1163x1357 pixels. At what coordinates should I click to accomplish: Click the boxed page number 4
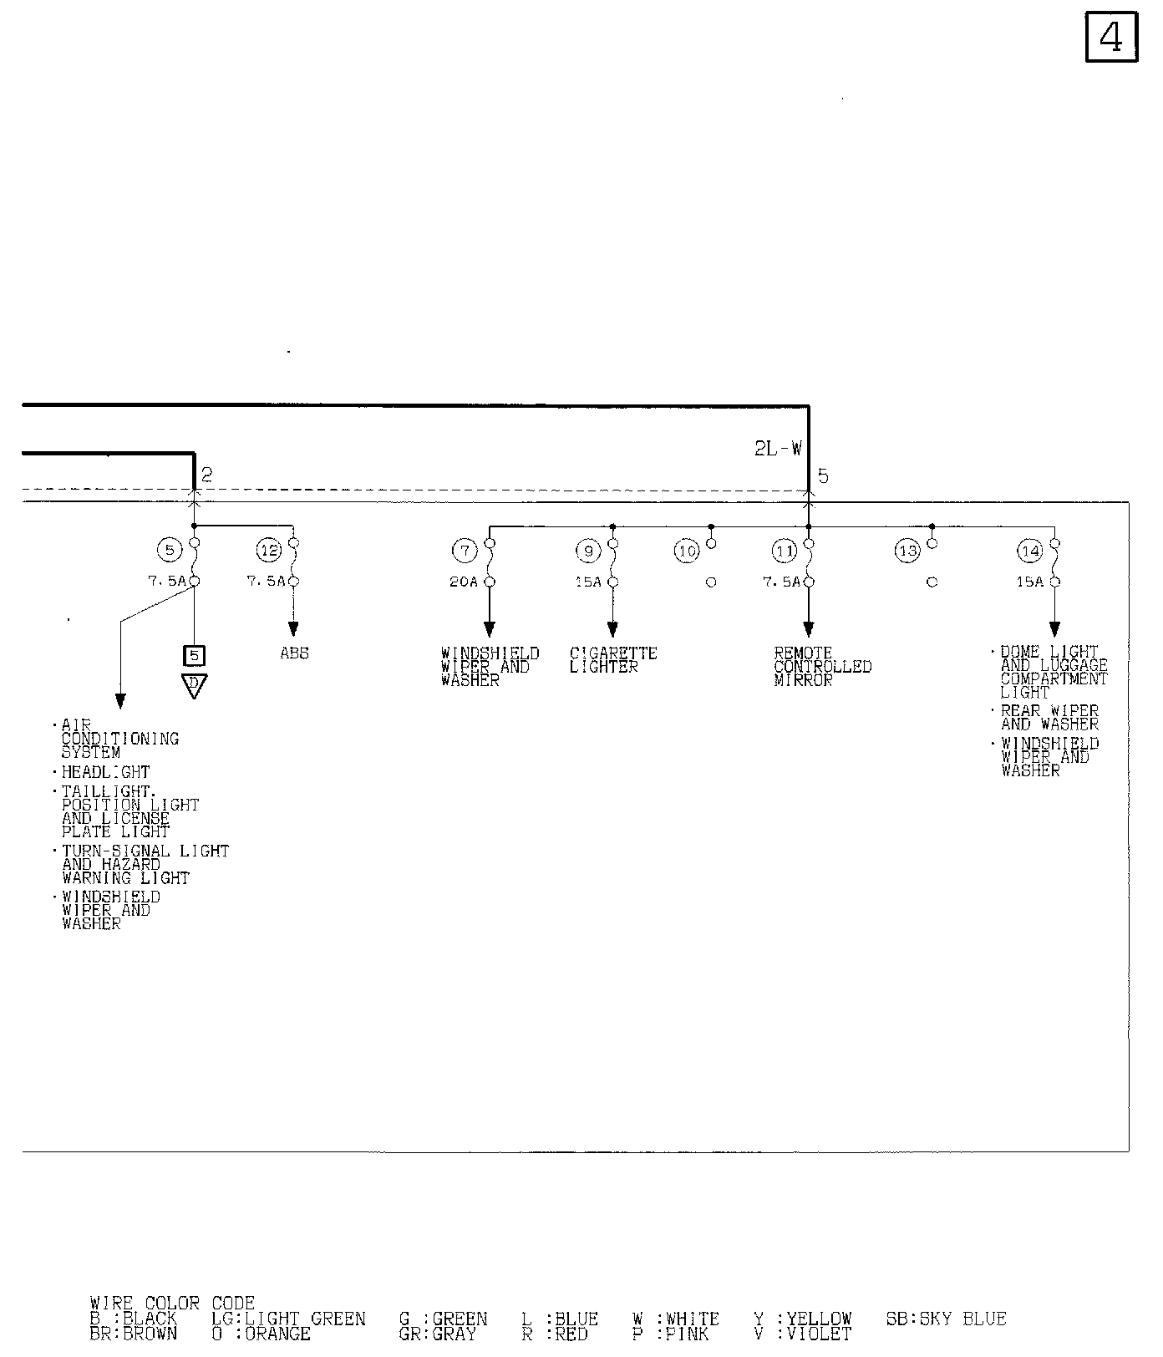[x=1111, y=38]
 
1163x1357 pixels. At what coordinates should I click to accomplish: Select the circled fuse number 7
[x=465, y=551]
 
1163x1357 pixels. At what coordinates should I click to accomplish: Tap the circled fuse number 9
[x=588, y=551]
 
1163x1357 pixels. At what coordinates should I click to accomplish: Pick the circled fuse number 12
[x=269, y=551]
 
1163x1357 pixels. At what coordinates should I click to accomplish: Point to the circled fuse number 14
[x=1030, y=551]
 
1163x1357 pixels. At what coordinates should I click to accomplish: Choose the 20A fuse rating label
[x=464, y=582]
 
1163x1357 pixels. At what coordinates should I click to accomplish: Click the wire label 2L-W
[x=778, y=449]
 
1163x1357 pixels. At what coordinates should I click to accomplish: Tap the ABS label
[x=294, y=653]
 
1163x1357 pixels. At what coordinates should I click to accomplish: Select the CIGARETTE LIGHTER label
[x=613, y=660]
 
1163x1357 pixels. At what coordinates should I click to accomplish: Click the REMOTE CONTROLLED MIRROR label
[x=822, y=667]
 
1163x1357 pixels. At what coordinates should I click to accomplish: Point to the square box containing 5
[x=194, y=656]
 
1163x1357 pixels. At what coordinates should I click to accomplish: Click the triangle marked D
[x=194, y=684]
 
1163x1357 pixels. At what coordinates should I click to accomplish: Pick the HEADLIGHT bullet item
[x=105, y=773]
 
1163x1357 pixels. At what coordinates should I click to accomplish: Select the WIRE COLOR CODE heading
[x=172, y=1304]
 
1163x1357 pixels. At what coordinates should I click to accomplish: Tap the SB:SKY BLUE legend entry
[x=946, y=1319]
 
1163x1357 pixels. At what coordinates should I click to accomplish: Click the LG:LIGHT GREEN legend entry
[x=288, y=1319]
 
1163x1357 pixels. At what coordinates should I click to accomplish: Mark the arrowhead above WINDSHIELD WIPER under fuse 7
[x=490, y=629]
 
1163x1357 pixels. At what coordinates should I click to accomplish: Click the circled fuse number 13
[x=907, y=551]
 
